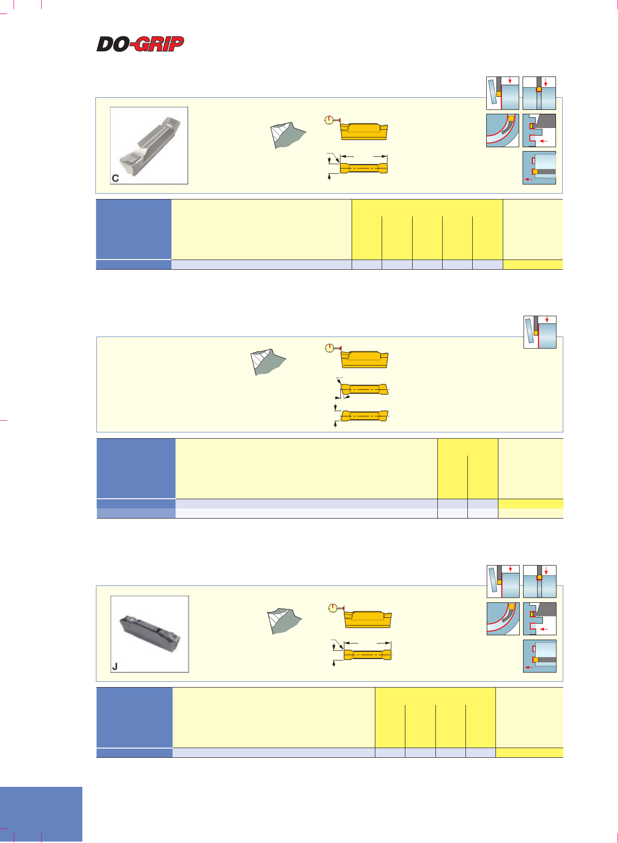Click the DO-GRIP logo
click(x=140, y=44)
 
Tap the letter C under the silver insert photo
click(x=115, y=178)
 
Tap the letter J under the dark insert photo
click(x=115, y=667)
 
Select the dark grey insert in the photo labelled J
click(x=150, y=632)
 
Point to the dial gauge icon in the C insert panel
click(x=330, y=120)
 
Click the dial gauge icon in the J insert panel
click(x=334, y=608)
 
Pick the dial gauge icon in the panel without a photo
click(x=330, y=348)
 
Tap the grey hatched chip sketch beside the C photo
click(x=288, y=135)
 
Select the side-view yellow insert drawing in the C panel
click(x=364, y=131)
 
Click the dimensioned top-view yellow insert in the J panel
click(x=367, y=655)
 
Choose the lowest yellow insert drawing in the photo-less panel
click(x=365, y=415)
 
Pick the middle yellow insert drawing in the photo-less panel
click(x=365, y=389)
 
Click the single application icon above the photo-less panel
click(x=540, y=332)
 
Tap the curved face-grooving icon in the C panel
click(x=503, y=131)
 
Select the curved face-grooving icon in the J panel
click(x=503, y=619)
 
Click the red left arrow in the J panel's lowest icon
click(x=529, y=667)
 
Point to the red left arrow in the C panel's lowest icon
click(x=529, y=179)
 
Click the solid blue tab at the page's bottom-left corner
click(x=41, y=814)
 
